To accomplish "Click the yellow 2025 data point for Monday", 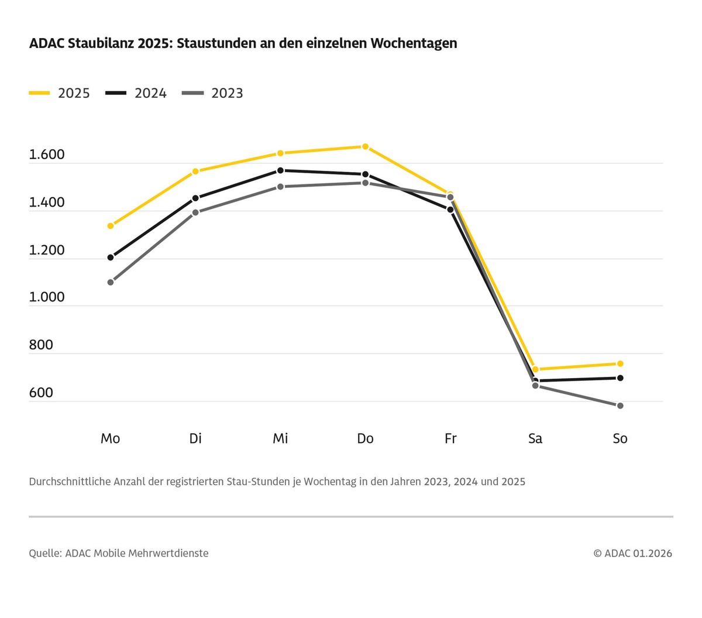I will [111, 226].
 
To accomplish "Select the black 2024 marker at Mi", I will [280, 170].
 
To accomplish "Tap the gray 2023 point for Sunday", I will [620, 406].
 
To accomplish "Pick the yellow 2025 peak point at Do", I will [365, 146].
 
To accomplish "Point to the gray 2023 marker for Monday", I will [111, 282].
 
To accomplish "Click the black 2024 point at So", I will [620, 378].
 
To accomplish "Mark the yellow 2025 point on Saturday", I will [535, 369].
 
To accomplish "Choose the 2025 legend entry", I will [60, 93].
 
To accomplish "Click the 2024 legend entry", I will [136, 93].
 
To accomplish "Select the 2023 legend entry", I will [212, 93].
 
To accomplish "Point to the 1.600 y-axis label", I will [47, 155].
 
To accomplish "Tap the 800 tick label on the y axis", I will [41, 345].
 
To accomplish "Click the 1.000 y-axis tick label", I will [47, 297].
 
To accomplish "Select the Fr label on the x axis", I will [450, 438].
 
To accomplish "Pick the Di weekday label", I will [195, 438].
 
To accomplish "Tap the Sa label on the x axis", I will [535, 438].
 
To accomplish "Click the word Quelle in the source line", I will [44, 553].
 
